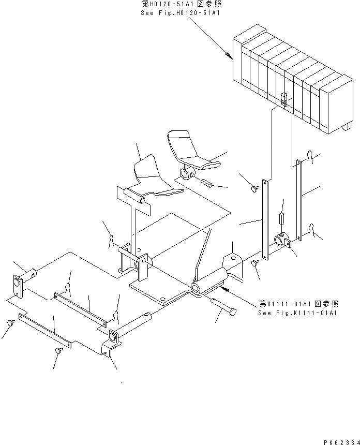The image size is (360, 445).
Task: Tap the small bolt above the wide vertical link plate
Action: (x=254, y=189)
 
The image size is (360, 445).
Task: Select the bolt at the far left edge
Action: (x=10, y=322)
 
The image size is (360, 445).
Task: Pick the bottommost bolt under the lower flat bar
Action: (x=57, y=351)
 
